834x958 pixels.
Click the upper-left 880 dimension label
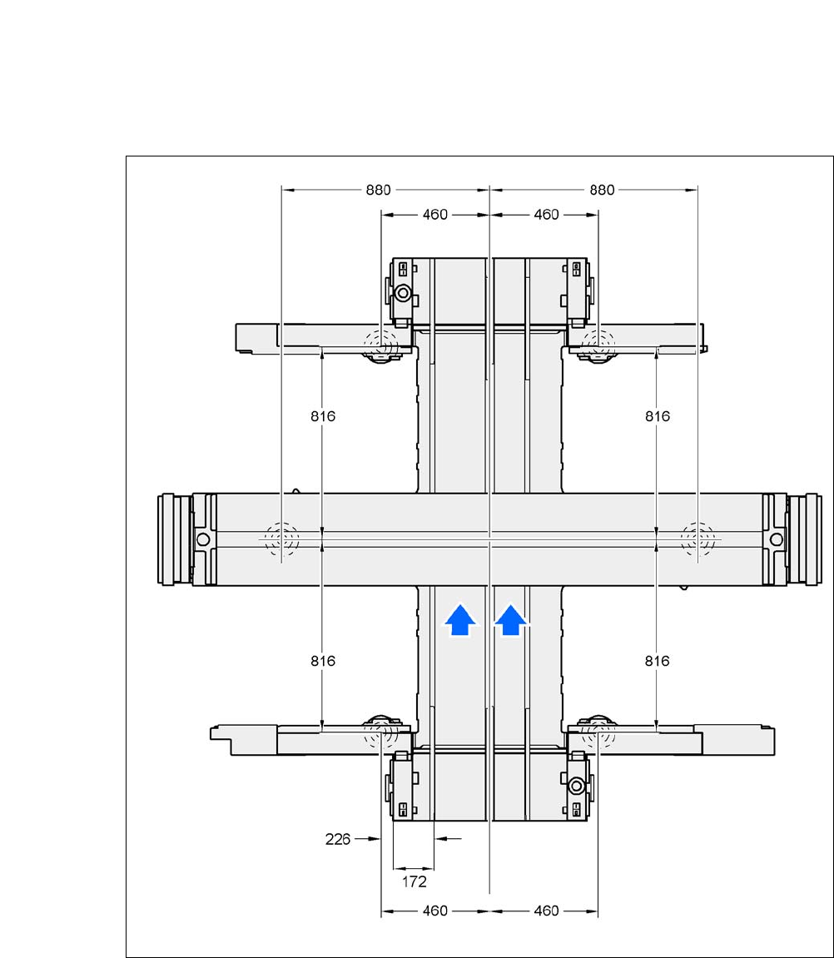pyautogui.click(x=378, y=190)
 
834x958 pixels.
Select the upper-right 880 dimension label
pyautogui.click(x=602, y=190)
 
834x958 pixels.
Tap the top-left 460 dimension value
pyautogui.click(x=435, y=215)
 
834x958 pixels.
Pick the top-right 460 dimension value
pyautogui.click(x=546, y=215)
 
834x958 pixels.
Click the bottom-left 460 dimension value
pyautogui.click(x=435, y=911)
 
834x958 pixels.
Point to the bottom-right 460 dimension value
pyautogui.click(x=546, y=911)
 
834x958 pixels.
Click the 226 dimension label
pyautogui.click(x=338, y=840)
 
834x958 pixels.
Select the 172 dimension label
pyautogui.click(x=415, y=881)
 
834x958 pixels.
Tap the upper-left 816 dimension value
pyautogui.click(x=323, y=416)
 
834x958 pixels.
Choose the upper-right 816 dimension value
pyautogui.click(x=658, y=416)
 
